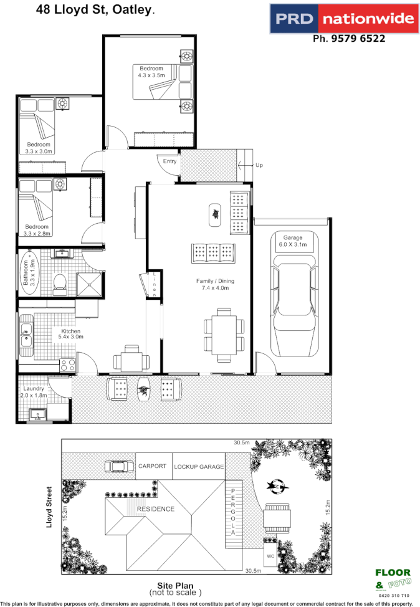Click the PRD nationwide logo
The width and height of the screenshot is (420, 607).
pos(343,19)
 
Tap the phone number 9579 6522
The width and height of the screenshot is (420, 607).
pos(348,39)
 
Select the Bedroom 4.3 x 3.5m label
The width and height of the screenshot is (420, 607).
pos(151,72)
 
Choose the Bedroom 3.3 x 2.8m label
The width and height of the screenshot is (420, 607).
pos(37,230)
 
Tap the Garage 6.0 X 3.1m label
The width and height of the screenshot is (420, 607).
pos(293,241)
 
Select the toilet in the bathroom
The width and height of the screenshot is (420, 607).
pos(60,284)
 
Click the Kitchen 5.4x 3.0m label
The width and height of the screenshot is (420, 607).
pos(71,334)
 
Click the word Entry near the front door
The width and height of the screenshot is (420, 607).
pos(169,161)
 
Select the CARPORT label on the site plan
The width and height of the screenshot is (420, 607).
pos(152,466)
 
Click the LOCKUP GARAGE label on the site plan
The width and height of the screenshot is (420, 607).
pos(199,467)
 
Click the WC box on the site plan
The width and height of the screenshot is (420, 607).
pos(269,555)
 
